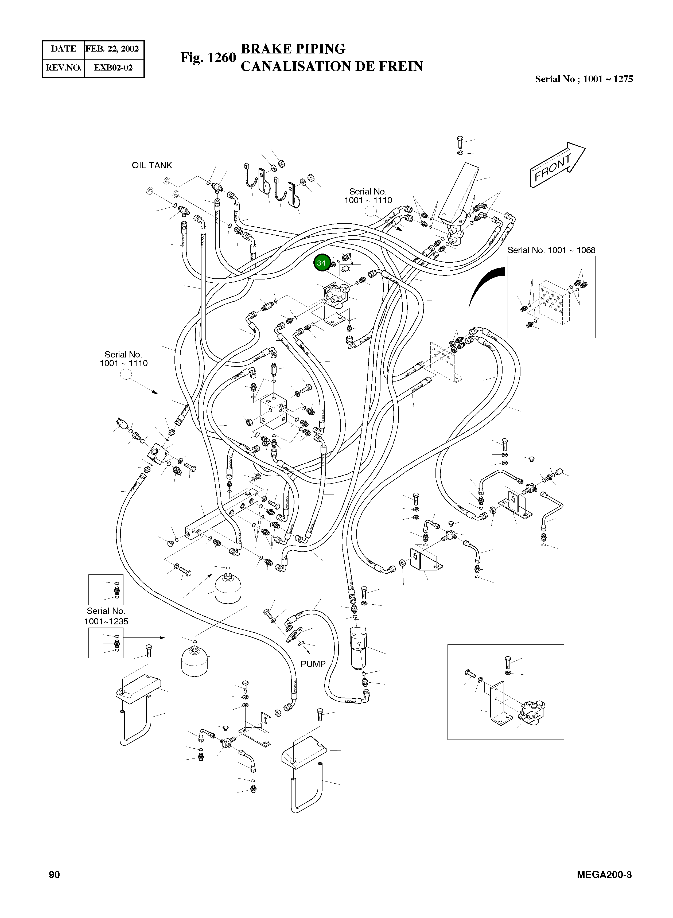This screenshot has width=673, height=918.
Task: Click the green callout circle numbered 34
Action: [321, 263]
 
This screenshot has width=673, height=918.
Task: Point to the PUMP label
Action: [313, 664]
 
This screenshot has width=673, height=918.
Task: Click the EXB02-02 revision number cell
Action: [113, 68]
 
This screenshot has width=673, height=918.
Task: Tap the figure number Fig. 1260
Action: [208, 57]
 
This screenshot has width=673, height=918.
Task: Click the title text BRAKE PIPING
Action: [293, 49]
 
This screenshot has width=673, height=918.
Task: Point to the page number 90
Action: [54, 875]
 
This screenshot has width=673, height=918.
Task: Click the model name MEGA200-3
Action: [604, 875]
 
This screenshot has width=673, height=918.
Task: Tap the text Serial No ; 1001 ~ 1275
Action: [584, 79]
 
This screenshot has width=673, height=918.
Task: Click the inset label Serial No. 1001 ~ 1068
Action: [551, 250]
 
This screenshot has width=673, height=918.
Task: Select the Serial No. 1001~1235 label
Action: [106, 616]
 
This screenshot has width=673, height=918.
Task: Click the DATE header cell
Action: [64, 49]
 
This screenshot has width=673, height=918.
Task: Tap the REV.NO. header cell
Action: [64, 68]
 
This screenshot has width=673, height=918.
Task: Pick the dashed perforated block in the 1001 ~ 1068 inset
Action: [554, 302]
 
